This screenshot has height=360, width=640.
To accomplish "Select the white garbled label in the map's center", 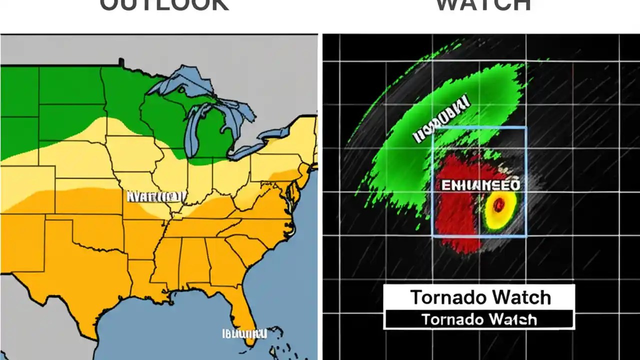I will coord(156,196).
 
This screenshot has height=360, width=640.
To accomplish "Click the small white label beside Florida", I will coord(244,333).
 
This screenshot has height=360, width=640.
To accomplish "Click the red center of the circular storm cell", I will coord(498,205).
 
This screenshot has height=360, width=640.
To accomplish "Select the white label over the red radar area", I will coord(480,185).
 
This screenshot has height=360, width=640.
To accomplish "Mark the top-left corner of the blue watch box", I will coord(433,128).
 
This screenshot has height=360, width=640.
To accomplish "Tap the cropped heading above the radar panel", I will coord(483,5).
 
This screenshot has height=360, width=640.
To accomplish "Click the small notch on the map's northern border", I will coord(121,62).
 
